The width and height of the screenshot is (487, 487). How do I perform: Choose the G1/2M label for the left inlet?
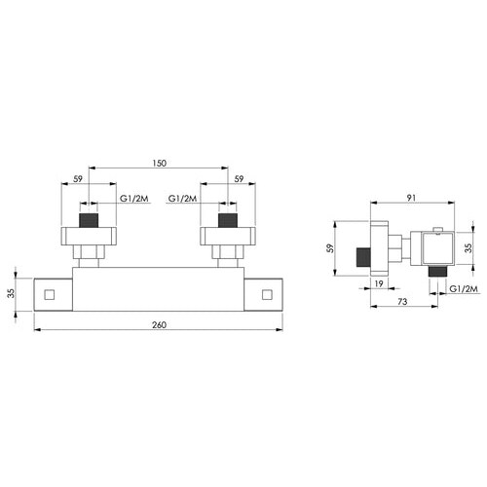point(133,199)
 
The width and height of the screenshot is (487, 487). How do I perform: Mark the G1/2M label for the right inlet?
point(182,199)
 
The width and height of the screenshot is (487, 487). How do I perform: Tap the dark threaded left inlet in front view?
point(89,220)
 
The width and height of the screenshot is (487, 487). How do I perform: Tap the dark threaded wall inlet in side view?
point(364,257)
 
